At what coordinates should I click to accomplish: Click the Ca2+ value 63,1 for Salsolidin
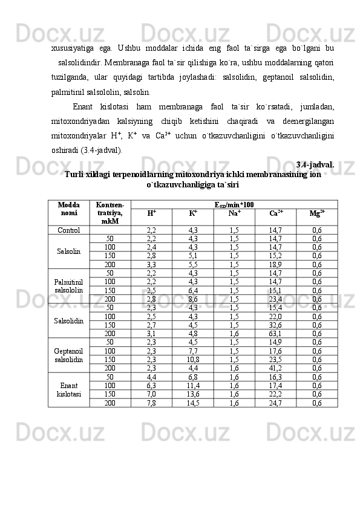275,333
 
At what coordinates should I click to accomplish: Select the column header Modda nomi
68,209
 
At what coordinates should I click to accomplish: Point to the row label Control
68,230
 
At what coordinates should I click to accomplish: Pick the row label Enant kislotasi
68,389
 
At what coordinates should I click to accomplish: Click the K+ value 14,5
193,403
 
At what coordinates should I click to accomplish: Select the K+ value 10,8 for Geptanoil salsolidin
193,359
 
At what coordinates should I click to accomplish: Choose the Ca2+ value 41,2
275,368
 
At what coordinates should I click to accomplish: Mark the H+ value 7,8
151,403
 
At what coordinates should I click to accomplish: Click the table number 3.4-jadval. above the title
316,164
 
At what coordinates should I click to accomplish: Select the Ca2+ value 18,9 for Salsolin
275,264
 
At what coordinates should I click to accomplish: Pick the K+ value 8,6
193,299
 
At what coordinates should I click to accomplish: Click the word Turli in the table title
74,174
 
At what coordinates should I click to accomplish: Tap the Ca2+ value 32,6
275,325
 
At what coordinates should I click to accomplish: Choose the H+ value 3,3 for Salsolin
151,264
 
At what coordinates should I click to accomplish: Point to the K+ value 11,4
193,385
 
